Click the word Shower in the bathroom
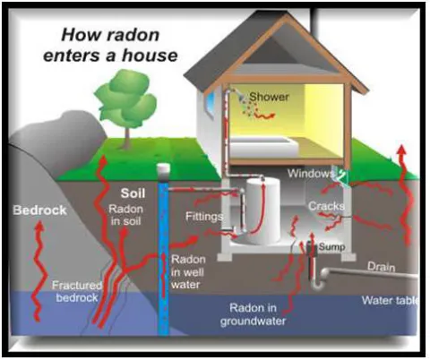[x=269, y=97]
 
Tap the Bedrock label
[x=39, y=210]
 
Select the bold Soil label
[x=133, y=193]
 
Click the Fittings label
[x=204, y=217]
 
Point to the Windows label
[x=311, y=173]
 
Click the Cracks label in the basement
[x=326, y=206]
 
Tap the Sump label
[x=331, y=246]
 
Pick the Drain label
[x=381, y=266]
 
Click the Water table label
[x=390, y=300]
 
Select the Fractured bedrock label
[x=77, y=291]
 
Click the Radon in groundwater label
[x=253, y=314]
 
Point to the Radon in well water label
[x=188, y=272]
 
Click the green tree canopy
[x=126, y=96]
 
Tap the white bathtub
[x=264, y=147]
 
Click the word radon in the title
[x=134, y=36]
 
